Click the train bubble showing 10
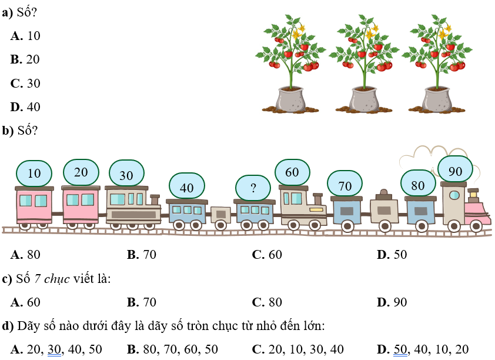coord(35,174)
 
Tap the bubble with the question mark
coord(253,188)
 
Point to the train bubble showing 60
coord(292,173)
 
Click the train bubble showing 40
coord(187,188)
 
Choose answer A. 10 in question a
coord(26,36)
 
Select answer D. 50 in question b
coord(392,255)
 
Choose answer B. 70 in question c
coord(142,302)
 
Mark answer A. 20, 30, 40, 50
coord(56,349)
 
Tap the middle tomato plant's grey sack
coord(364,99)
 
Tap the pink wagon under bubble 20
coord(81,206)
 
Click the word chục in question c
coord(58,279)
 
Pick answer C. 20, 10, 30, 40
coord(298,349)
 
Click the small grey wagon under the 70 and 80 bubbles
coord(384,210)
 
